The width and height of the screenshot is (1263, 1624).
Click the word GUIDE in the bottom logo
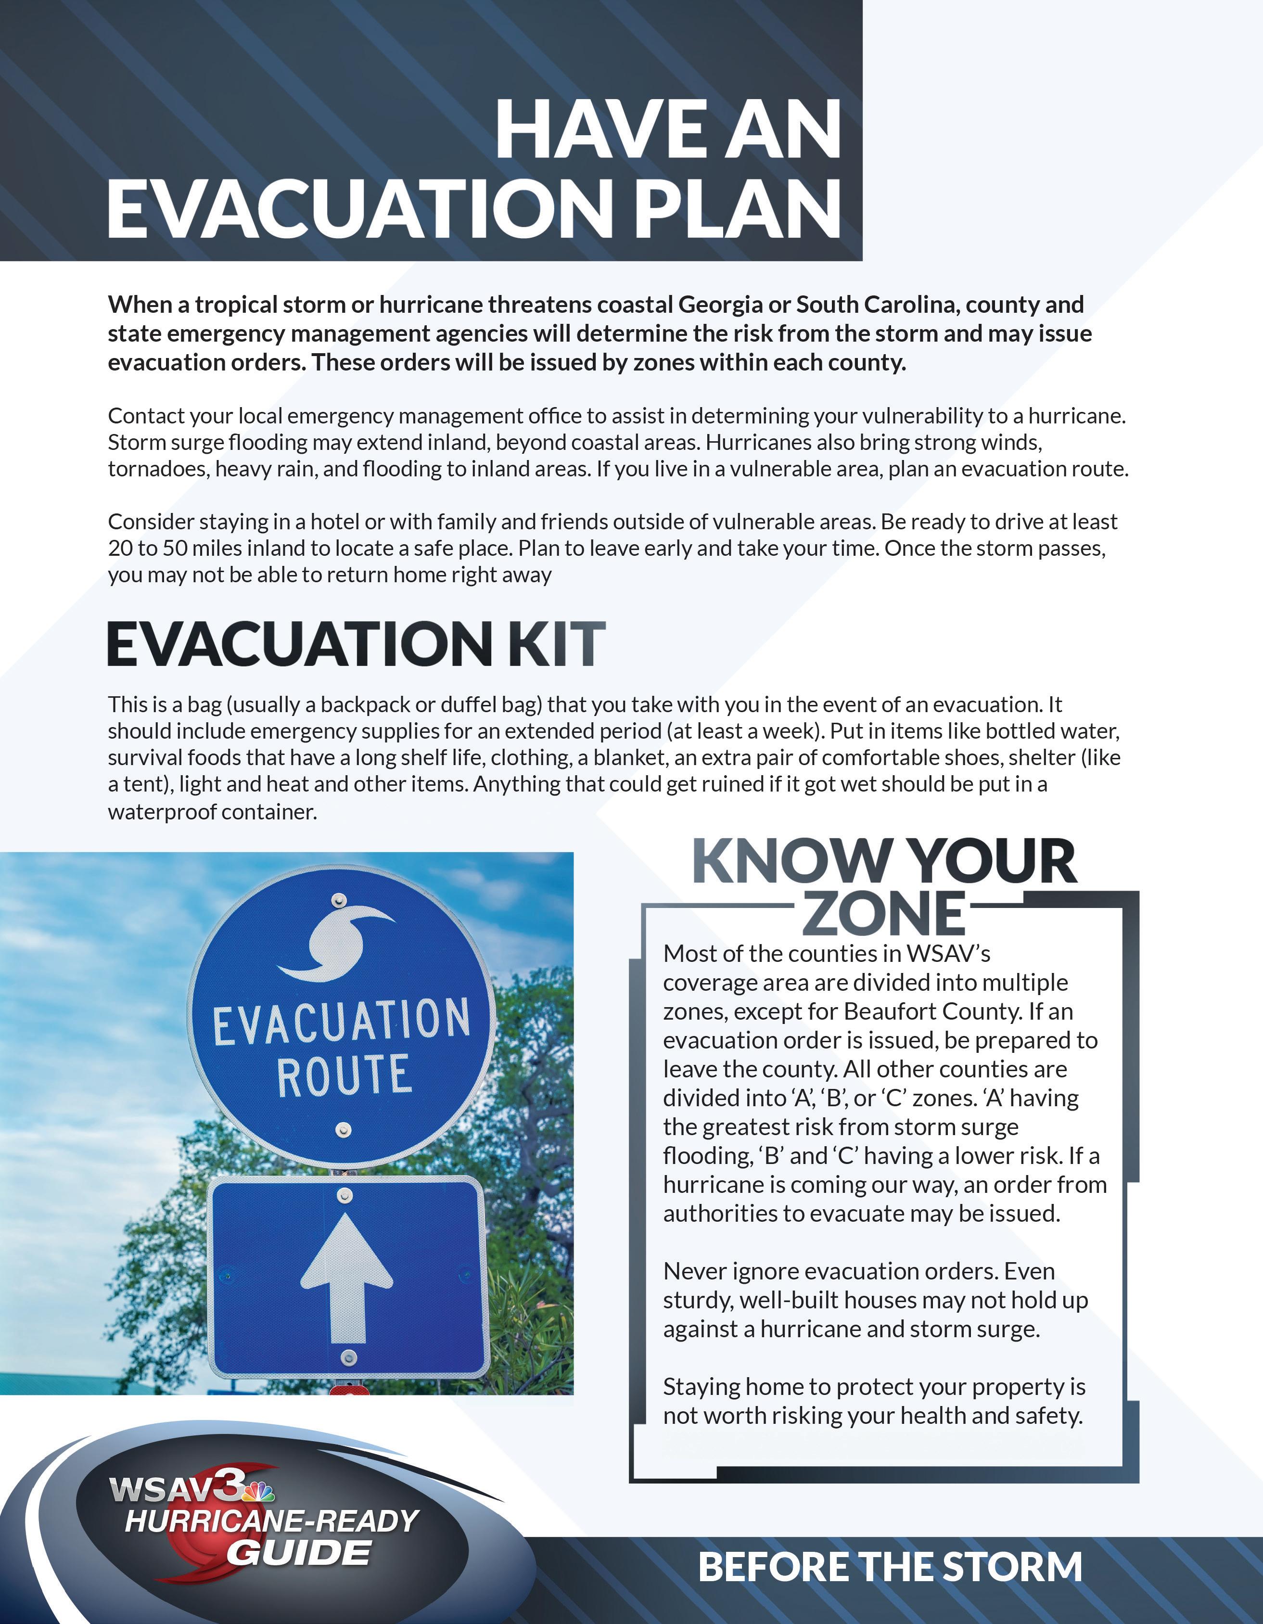pyautogui.click(x=298, y=1553)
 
